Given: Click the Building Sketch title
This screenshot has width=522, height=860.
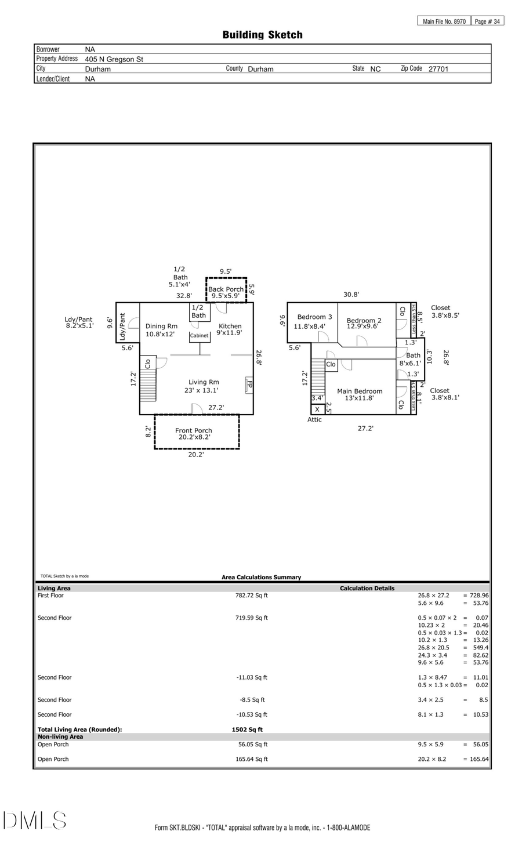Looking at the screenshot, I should (262, 35).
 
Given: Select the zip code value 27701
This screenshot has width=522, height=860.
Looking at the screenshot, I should (438, 69).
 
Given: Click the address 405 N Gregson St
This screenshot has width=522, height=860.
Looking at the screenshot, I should (114, 59).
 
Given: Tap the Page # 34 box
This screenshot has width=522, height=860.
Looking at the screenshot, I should (487, 21).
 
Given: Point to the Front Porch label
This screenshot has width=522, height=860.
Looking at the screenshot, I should (194, 431).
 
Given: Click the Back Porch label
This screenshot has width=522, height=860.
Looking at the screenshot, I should (226, 289).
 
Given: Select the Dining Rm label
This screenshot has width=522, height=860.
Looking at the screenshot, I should (161, 326).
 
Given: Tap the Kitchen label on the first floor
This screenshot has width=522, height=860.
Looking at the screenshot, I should (230, 326).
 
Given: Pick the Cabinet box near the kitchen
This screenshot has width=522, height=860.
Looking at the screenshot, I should (199, 336).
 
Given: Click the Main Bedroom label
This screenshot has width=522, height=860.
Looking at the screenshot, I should (360, 391).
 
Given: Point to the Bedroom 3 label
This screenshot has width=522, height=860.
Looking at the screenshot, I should (314, 317).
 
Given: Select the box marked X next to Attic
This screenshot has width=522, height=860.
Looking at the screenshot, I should (317, 409).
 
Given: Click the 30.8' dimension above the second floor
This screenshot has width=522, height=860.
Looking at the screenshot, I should (351, 295).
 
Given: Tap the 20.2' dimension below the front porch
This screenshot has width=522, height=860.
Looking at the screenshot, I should (196, 455).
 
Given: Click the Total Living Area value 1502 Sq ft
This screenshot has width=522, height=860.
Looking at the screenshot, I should (247, 730).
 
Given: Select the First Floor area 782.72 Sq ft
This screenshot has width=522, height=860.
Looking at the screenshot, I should (252, 596).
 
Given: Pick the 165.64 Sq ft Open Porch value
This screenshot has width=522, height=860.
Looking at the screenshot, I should (251, 759).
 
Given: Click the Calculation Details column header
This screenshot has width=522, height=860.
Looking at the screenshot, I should (367, 588).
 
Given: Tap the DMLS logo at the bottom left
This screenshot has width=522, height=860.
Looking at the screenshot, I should (35, 820).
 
